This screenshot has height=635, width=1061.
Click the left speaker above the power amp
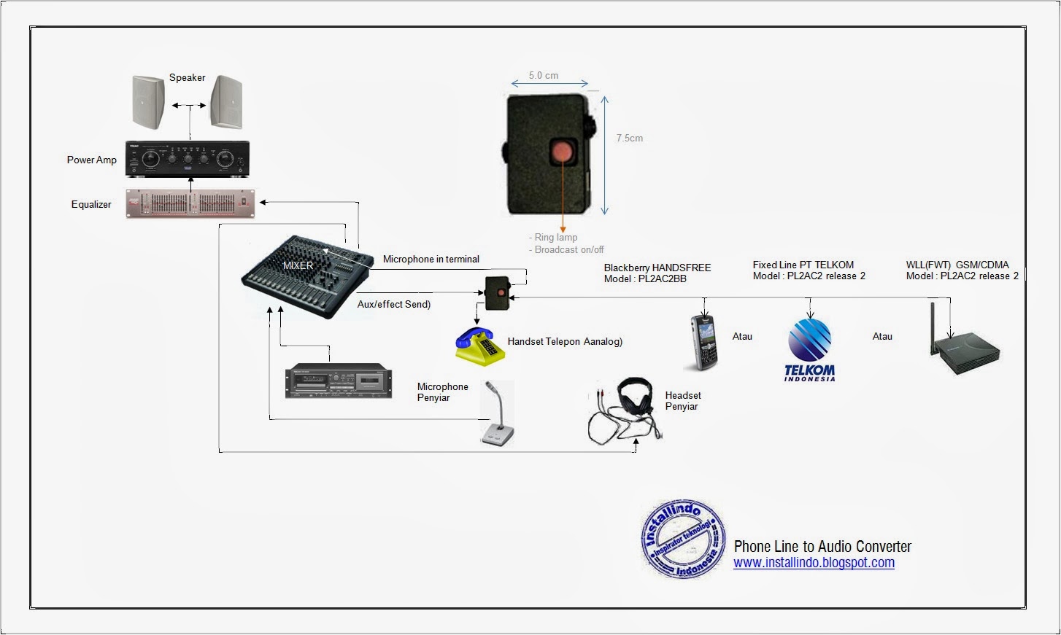pos(148,102)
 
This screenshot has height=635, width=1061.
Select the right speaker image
pos(226,102)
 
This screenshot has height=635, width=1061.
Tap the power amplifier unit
pos(188,158)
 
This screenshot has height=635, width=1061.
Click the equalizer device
pos(190,203)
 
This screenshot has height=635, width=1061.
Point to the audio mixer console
pos(306,276)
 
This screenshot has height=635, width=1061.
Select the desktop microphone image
pos(497,416)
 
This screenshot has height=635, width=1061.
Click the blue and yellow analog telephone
pos(480,346)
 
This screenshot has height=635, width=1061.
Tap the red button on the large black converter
pos(562,151)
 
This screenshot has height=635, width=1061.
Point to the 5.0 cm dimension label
pos(544,75)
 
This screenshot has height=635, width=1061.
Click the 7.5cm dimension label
pos(629,138)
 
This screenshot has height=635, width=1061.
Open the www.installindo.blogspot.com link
pos(814,563)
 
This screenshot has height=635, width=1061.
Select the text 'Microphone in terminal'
pos(431,259)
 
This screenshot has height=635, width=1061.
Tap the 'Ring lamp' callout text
pos(555,237)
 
